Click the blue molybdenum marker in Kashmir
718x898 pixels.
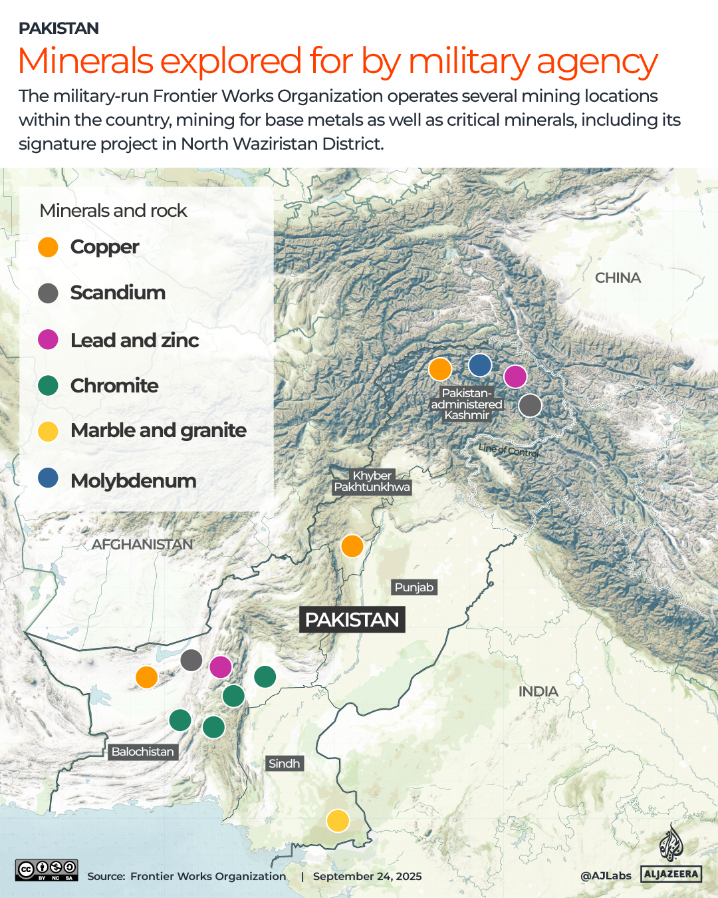coord(480,365)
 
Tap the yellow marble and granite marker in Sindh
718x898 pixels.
coord(338,820)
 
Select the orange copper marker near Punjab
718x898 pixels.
coord(352,546)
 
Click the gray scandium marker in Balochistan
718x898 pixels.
coord(191,660)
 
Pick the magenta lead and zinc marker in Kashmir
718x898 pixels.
coord(515,376)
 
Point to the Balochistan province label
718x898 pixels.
coord(142,752)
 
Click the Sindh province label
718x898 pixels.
coord(285,764)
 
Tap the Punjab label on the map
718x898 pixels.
coord(414,587)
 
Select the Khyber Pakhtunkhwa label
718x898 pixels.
coord(372,481)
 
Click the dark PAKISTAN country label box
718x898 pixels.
coord(352,619)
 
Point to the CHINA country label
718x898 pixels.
coord(618,278)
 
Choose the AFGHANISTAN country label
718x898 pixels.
coord(142,544)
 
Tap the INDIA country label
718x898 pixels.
coord(538,692)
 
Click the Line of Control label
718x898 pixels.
coord(509,450)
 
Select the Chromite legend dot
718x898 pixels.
coord(48,386)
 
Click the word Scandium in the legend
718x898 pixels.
coord(118,293)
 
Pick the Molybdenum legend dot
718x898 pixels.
coord(48,478)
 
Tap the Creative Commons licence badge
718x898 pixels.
coord(47,870)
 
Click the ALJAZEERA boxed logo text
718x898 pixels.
coord(671,874)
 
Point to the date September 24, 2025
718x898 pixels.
coord(367,876)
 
